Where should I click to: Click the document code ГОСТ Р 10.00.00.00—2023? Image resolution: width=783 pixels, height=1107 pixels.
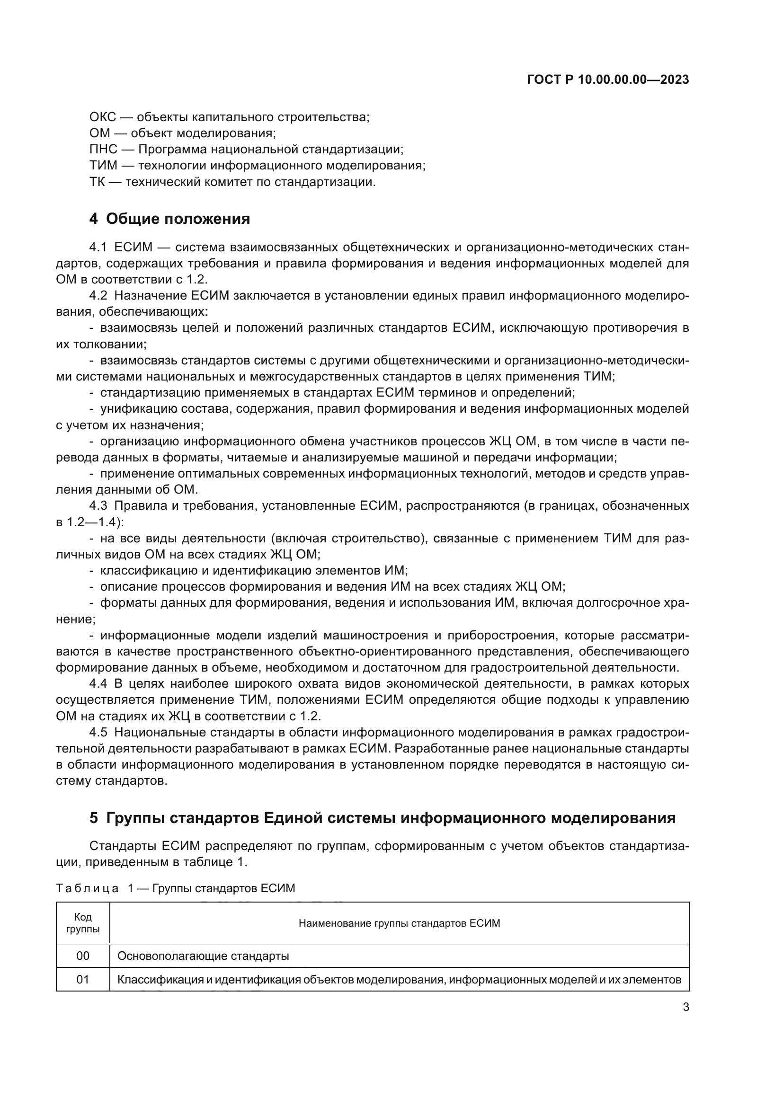(x=608, y=80)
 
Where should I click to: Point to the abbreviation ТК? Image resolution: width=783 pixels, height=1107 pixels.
(x=97, y=182)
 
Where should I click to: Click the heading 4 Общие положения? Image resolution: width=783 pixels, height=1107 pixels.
(x=170, y=219)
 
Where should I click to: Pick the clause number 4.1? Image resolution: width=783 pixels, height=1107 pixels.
(x=98, y=248)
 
